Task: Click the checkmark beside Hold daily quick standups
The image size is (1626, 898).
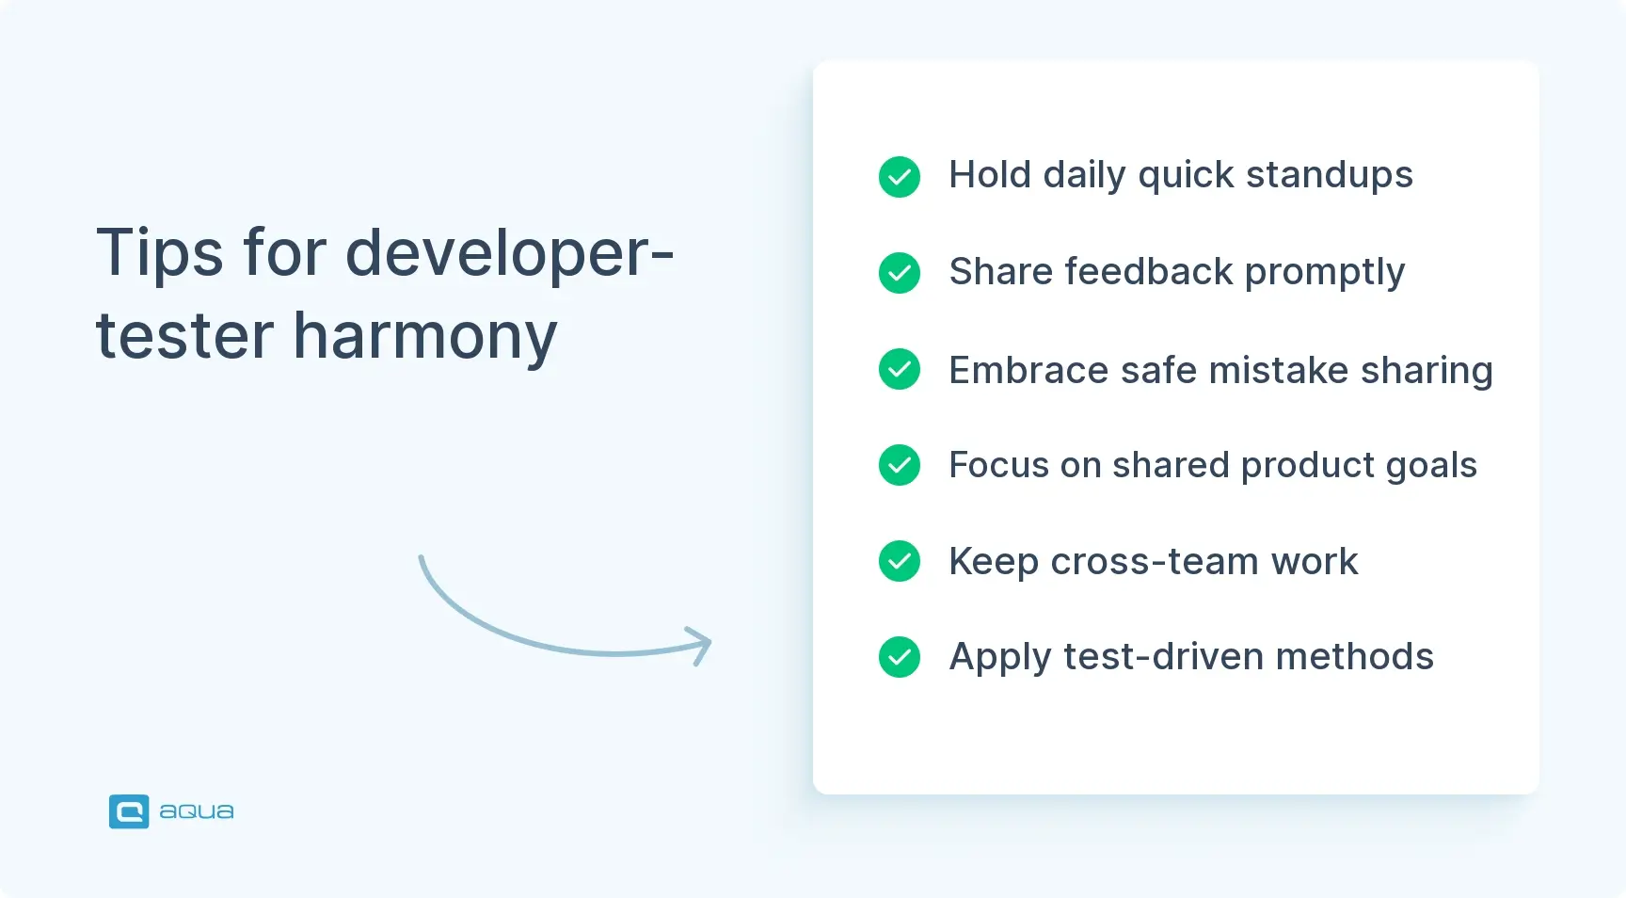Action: pyautogui.click(x=899, y=177)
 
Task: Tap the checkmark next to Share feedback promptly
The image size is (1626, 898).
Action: pyautogui.click(x=899, y=273)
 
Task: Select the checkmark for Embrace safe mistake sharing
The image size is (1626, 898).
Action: pyautogui.click(x=899, y=369)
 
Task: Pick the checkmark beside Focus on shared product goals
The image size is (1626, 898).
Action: pyautogui.click(x=899, y=465)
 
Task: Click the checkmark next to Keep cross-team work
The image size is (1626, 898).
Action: pyautogui.click(x=899, y=561)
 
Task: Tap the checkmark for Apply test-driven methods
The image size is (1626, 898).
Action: pyautogui.click(x=899, y=657)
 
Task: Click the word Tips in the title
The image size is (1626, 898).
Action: pyautogui.click(x=159, y=254)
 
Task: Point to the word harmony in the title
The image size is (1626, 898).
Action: pyautogui.click(x=425, y=337)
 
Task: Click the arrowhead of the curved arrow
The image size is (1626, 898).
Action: pyautogui.click(x=700, y=645)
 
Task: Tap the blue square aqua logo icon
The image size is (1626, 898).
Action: pyautogui.click(x=129, y=811)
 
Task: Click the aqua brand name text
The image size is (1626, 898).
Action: pyautogui.click(x=196, y=811)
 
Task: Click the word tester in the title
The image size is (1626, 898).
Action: pyautogui.click(x=184, y=337)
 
